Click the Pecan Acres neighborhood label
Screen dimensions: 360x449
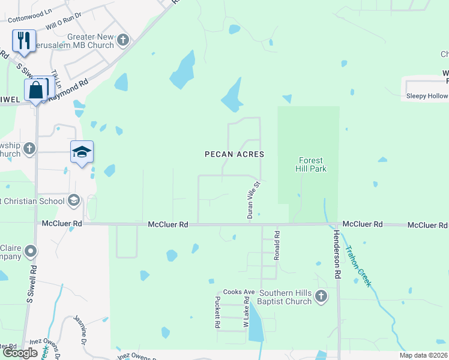point(234,154)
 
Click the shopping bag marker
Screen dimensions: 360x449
point(36,90)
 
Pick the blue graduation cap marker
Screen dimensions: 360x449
point(82,152)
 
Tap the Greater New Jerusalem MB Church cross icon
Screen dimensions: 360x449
point(123,41)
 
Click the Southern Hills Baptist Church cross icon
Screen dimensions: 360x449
point(321,296)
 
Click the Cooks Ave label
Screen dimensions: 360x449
point(235,292)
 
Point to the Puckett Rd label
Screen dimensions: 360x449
point(217,313)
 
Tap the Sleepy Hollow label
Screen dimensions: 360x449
point(427,96)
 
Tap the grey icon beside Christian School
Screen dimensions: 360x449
point(74,200)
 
